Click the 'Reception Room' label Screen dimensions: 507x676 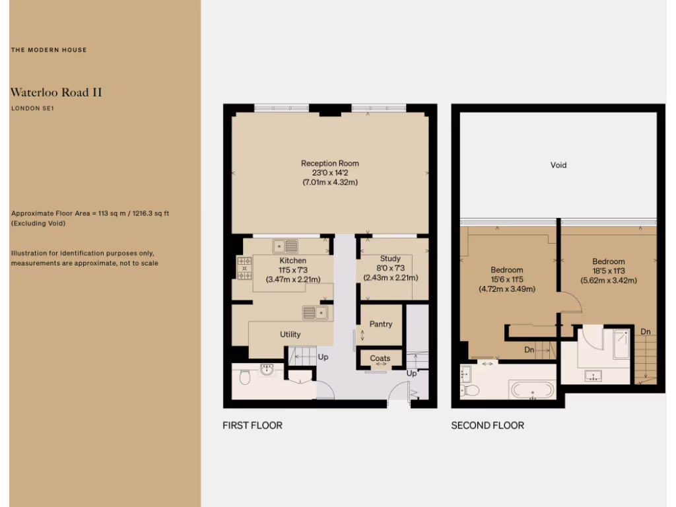coord(329,163)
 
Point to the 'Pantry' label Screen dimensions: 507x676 coord(381,324)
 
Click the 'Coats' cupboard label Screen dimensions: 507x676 coord(380,358)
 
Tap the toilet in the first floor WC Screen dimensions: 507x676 coord(245,378)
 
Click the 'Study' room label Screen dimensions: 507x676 coord(390,259)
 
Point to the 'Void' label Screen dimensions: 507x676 coord(558,165)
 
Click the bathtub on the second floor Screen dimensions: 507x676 coord(532,389)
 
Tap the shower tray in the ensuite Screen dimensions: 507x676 coord(621,344)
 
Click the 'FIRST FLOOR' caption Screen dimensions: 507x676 coord(252,425)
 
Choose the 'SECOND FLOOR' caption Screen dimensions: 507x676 coord(487,425)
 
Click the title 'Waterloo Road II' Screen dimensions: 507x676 coord(56,92)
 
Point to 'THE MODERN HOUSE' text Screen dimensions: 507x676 coord(48,50)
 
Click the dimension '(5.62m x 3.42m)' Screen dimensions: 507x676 coord(608,280)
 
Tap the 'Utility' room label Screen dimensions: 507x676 coord(290,334)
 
